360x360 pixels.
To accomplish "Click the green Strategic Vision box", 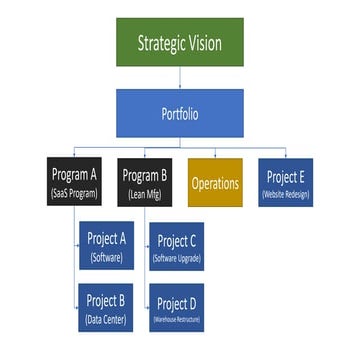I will coord(179,42).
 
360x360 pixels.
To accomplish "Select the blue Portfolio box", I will coord(180,114).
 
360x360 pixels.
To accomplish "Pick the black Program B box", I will coord(146,183).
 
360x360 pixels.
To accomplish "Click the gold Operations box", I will coord(215,183).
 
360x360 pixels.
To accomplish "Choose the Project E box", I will coord(284,183).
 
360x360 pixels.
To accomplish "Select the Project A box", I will coord(105,247).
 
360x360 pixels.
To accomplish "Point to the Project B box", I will coord(105,309).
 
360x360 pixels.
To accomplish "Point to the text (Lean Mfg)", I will coord(146,192).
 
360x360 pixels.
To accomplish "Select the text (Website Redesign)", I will coord(284,192).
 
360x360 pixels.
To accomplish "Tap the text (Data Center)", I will coord(105,319).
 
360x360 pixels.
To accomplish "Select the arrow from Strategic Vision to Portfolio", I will coord(180,79).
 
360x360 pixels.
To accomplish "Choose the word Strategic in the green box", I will coord(159,43).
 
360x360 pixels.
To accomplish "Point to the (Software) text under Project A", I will coord(105,257).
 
